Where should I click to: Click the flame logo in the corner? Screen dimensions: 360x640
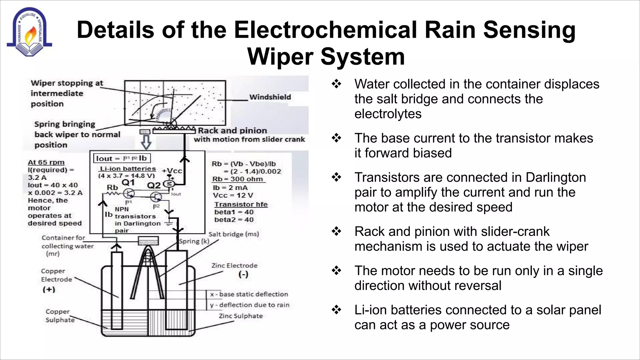pyautogui.click(x=29, y=32)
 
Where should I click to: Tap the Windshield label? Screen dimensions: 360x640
pyautogui.click(x=270, y=97)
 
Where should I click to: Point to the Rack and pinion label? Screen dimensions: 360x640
pyautogui.click(x=232, y=130)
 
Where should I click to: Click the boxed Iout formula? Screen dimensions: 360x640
pyautogui.click(x=122, y=158)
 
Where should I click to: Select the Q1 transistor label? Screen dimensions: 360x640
pyautogui.click(x=128, y=182)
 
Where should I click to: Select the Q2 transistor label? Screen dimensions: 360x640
pyautogui.click(x=154, y=185)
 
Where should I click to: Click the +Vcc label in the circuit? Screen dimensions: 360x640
pyautogui.click(x=172, y=171)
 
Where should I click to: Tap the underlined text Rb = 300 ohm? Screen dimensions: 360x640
pyautogui.click(x=237, y=179)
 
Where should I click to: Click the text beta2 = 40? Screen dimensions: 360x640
pyautogui.click(x=234, y=220)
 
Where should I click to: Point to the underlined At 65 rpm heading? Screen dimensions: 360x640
pyautogui.click(x=46, y=162)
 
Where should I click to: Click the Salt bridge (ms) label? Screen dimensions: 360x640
pyautogui.click(x=233, y=234)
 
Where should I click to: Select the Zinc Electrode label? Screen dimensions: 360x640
pyautogui.click(x=234, y=266)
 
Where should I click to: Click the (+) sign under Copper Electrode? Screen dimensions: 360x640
pyautogui.click(x=49, y=289)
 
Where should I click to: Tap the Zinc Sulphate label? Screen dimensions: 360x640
pyautogui.click(x=241, y=316)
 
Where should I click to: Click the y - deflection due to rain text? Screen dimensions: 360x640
pyautogui.click(x=250, y=305)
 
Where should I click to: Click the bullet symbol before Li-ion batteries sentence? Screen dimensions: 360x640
pyautogui.click(x=336, y=310)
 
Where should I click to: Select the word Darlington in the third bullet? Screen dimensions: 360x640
pyautogui.click(x=555, y=177)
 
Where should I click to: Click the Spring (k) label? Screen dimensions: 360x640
pyautogui.click(x=194, y=241)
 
